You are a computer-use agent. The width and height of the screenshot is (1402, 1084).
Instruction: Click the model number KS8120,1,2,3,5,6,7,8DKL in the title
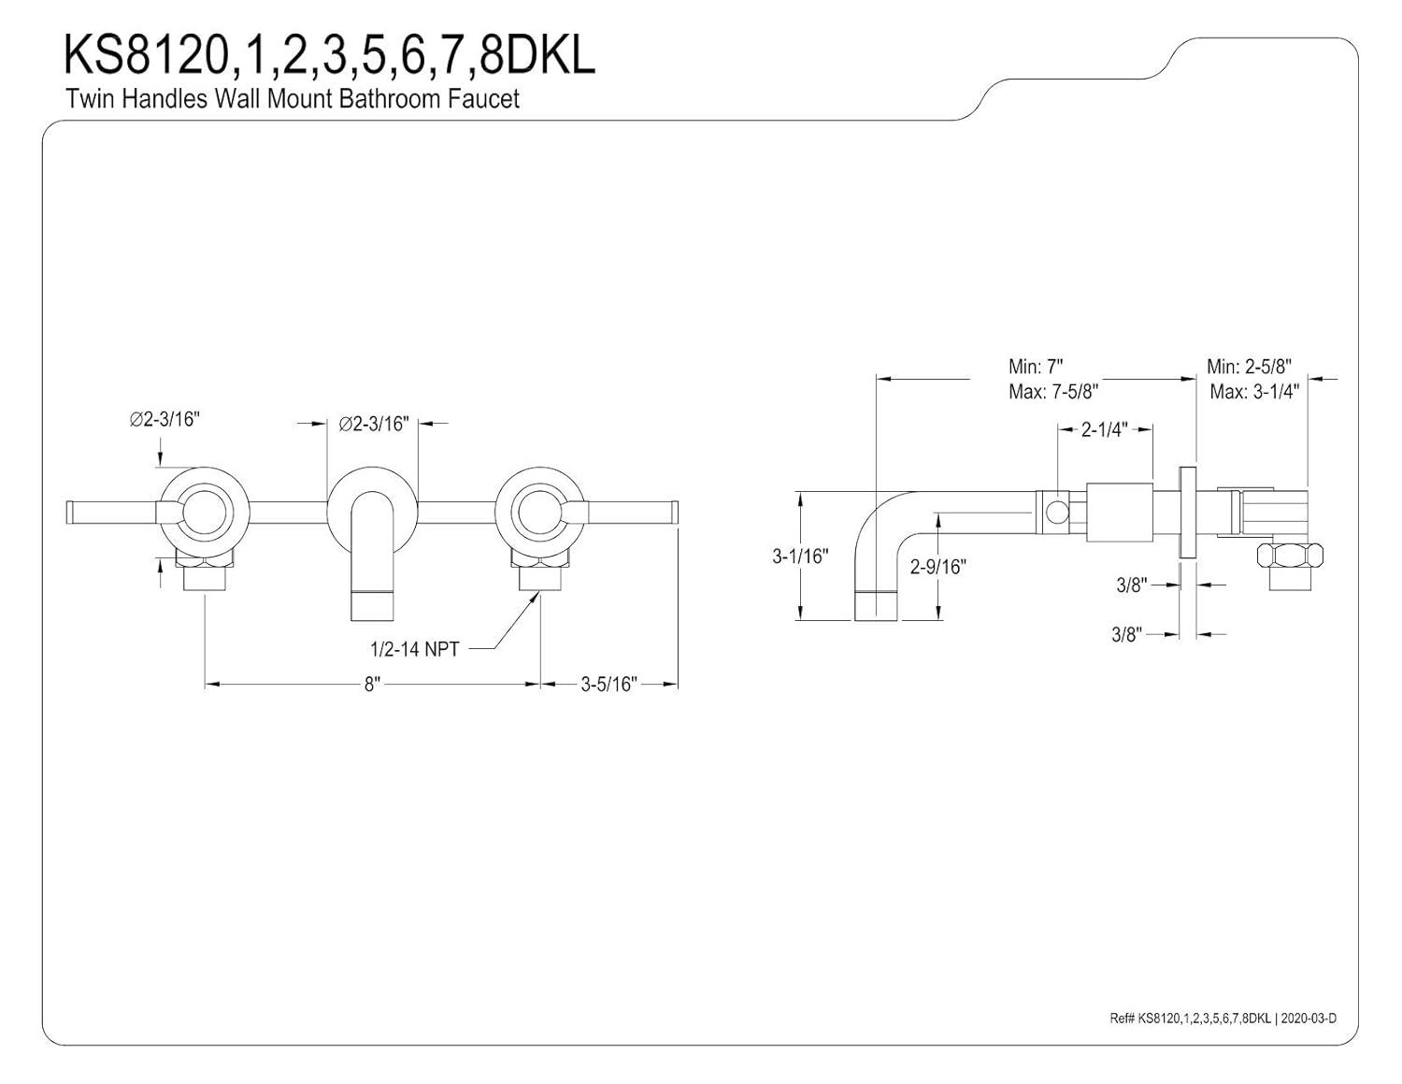pyautogui.click(x=328, y=56)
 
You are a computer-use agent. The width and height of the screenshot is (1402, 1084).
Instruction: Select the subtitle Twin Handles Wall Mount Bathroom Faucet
pyautogui.click(x=292, y=98)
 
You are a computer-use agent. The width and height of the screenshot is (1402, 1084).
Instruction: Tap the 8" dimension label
pyautogui.click(x=373, y=685)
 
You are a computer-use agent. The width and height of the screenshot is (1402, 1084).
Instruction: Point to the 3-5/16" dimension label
pyautogui.click(x=608, y=685)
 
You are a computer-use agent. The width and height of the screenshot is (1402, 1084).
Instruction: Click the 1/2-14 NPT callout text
pyautogui.click(x=415, y=648)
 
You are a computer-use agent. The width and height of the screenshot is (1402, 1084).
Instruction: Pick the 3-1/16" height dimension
pyautogui.click(x=800, y=556)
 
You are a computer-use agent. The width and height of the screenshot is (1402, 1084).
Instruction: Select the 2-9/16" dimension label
pyautogui.click(x=938, y=566)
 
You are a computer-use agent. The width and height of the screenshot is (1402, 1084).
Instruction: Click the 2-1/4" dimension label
pyautogui.click(x=1104, y=429)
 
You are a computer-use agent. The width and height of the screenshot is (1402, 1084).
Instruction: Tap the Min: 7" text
pyautogui.click(x=1036, y=366)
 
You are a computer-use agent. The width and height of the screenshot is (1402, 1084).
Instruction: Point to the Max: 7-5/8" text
pyautogui.click(x=1052, y=391)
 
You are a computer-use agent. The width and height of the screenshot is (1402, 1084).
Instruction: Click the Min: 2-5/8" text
pyautogui.click(x=1249, y=366)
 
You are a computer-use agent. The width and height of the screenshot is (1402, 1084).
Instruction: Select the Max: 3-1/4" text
pyautogui.click(x=1254, y=391)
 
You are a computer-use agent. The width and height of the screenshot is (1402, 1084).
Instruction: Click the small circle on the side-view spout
pyautogui.click(x=1055, y=512)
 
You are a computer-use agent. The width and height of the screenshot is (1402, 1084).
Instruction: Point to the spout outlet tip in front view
pyautogui.click(x=372, y=606)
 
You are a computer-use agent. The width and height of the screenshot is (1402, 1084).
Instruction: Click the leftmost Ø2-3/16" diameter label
pyautogui.click(x=165, y=419)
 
